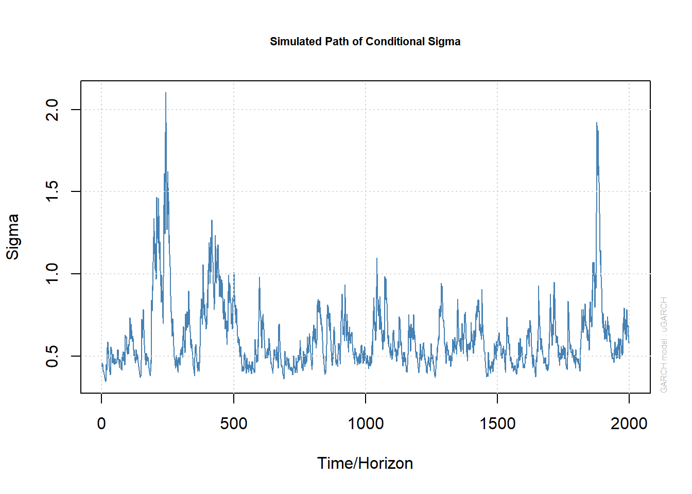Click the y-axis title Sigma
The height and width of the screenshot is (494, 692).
coord(12,237)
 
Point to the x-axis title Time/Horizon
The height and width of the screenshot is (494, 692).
coord(365,463)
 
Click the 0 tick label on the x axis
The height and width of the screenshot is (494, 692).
coord(101,424)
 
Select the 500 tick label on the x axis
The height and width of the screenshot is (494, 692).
coord(233,424)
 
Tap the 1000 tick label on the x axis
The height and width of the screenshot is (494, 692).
coord(366,424)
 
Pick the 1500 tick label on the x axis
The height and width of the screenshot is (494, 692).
coord(497,424)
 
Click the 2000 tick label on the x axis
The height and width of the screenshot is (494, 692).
coord(629,424)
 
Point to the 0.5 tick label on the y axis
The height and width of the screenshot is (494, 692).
coord(53,356)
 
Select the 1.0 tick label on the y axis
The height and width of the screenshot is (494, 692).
coord(53,274)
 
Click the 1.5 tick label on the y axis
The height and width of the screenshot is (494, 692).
coord(53,191)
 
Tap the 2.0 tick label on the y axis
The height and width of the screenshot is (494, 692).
coord(53,110)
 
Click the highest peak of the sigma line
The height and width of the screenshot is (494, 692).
coord(165,93)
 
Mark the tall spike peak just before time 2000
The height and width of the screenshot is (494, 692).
coord(596,123)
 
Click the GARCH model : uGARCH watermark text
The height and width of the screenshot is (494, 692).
coord(664,345)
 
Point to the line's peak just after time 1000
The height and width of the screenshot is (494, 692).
coord(376,259)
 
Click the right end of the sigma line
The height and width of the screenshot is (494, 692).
coord(629,342)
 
